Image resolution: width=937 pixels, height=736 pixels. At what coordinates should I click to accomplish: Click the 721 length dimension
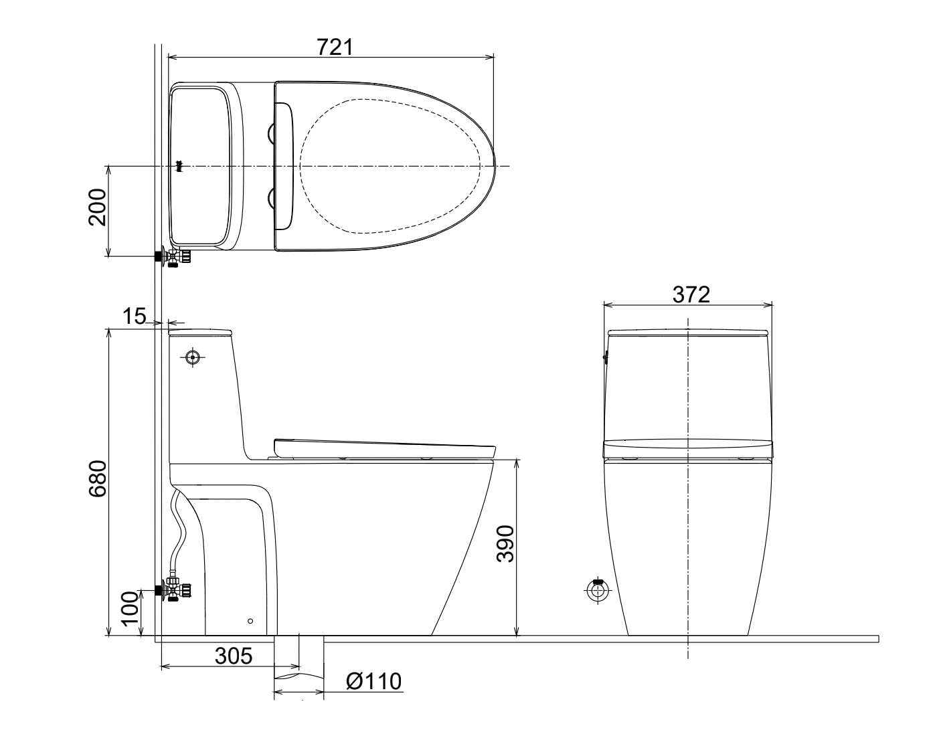point(333,46)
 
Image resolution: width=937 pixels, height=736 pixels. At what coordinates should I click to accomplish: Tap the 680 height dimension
point(98,479)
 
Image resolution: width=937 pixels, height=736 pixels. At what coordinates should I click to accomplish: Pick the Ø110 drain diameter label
point(373,681)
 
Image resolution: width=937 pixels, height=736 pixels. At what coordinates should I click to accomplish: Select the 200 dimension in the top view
point(98,207)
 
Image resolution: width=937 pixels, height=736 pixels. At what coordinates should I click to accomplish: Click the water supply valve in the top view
point(174,257)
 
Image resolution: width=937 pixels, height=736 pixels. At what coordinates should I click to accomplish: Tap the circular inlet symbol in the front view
point(597,590)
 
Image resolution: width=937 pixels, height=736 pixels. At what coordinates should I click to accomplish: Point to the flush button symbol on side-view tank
point(193,357)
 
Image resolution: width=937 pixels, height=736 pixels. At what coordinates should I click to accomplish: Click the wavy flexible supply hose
point(178,529)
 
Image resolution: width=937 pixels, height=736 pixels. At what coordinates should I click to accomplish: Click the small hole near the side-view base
point(250,621)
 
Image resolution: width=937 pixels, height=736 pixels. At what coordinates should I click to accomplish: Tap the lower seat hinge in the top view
point(272,198)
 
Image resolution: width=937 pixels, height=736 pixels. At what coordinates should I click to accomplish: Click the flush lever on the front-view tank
point(605,357)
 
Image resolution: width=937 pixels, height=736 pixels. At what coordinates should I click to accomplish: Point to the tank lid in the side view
point(200,332)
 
